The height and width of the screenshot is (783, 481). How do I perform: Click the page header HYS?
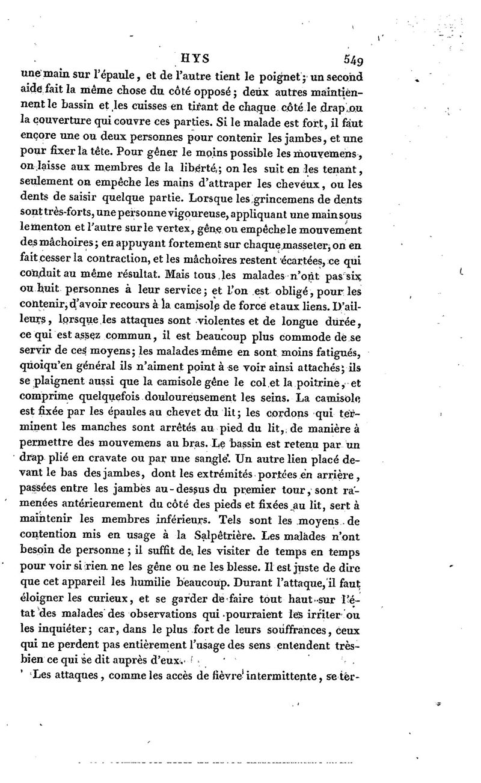click(194, 59)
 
